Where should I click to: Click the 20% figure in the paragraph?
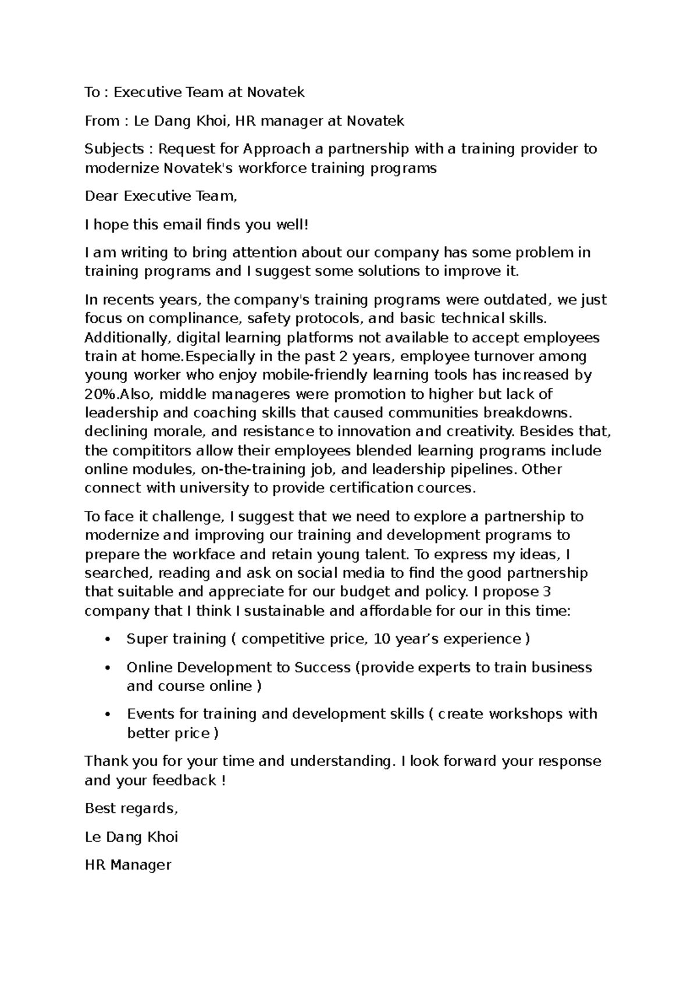(x=101, y=394)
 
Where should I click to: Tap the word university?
(x=212, y=488)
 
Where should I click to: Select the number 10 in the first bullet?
(x=382, y=640)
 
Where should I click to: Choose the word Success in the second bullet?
(x=321, y=667)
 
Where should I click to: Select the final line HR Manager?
(x=128, y=865)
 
